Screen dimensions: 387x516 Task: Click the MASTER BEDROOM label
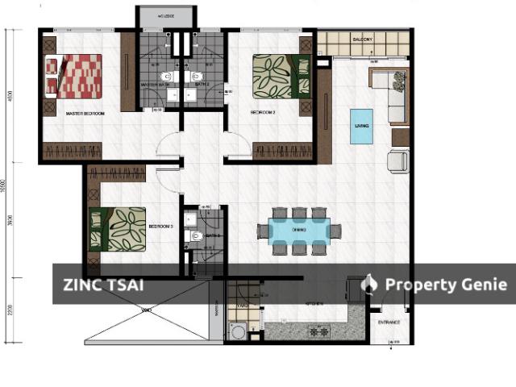tap(85, 113)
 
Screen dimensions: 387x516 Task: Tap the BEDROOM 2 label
tap(264, 113)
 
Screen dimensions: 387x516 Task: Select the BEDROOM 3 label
tap(161, 227)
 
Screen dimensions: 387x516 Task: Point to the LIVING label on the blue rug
tap(362, 126)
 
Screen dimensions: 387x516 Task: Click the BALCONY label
tap(361, 40)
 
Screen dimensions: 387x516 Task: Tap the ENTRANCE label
tap(389, 323)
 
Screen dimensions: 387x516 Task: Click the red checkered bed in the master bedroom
tap(73, 76)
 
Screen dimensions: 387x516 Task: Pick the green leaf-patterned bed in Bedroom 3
tap(118, 229)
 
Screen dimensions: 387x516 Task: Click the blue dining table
tap(298, 231)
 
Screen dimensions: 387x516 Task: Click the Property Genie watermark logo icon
tap(370, 284)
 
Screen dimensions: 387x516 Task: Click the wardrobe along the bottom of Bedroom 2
tap(282, 151)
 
